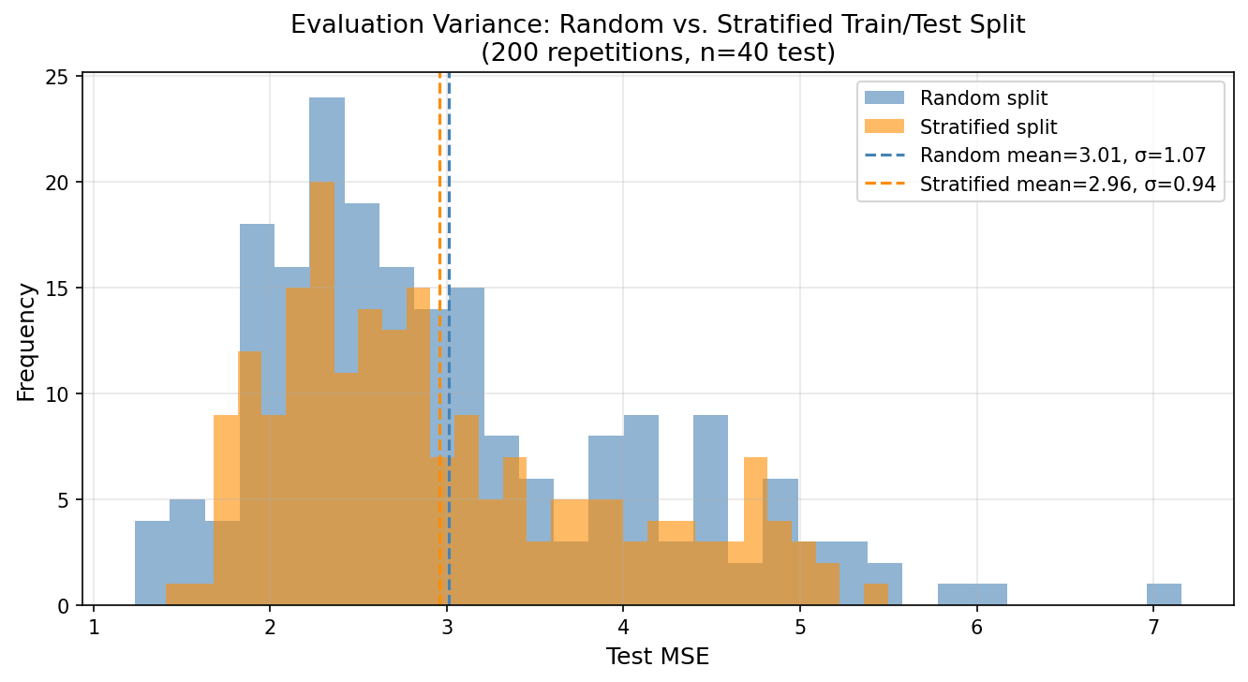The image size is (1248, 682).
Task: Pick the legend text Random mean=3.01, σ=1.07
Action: pos(1062,156)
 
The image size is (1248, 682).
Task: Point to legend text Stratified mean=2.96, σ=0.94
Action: pos(1067,185)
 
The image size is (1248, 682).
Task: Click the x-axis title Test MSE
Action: pos(658,657)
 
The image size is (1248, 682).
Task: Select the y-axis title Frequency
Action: pos(26,341)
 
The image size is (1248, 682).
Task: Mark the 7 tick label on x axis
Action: pos(1153,627)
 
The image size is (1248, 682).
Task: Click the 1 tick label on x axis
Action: pos(94,627)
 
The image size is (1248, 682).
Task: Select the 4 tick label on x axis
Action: pos(623,627)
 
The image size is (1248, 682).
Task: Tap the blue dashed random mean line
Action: pos(449,234)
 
